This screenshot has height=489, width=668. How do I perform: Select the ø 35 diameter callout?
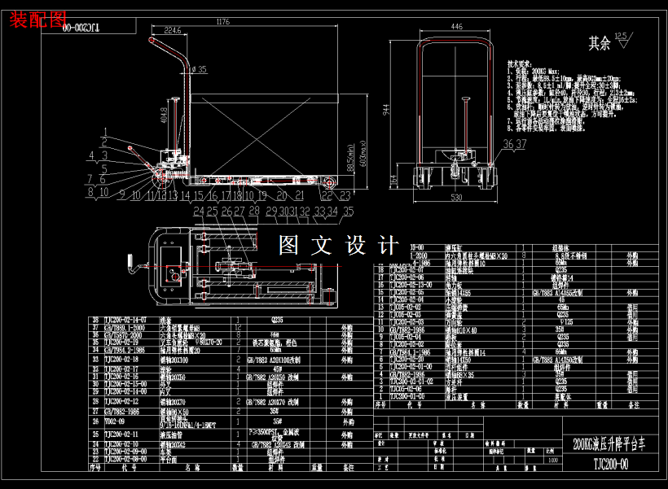tap(199, 69)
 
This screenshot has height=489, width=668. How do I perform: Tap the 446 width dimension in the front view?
tap(456, 27)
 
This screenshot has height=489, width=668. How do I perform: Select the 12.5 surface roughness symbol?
tap(622, 37)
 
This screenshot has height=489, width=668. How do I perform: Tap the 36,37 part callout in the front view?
tap(515, 144)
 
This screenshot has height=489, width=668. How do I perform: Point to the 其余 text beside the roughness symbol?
tap(600, 42)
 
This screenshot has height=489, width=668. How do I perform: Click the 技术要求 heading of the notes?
tap(519, 63)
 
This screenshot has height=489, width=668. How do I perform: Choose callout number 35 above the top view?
tap(348, 212)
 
